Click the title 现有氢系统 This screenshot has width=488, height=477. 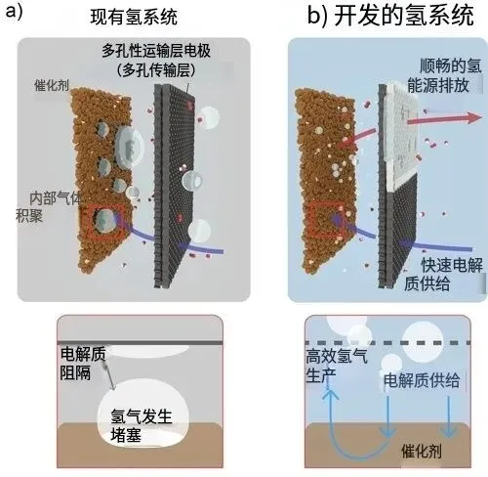(x=134, y=18)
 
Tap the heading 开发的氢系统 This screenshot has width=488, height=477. (x=404, y=16)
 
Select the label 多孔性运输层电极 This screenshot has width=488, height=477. (x=156, y=51)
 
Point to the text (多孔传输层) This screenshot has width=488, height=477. (x=156, y=69)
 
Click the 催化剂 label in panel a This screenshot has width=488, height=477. (x=52, y=85)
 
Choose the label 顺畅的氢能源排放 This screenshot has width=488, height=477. (x=444, y=75)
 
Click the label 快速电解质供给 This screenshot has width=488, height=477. (x=443, y=274)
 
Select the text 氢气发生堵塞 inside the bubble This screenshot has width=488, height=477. (x=141, y=425)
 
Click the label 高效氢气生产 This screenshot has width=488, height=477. (x=337, y=366)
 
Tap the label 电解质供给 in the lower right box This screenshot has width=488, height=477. (x=422, y=380)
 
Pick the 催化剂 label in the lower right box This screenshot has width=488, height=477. (x=422, y=451)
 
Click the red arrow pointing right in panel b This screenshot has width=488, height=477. (x=444, y=119)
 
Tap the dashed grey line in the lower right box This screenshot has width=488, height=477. (x=387, y=343)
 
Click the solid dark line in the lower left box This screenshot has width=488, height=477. (x=141, y=343)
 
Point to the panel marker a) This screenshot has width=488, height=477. (x=15, y=13)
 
